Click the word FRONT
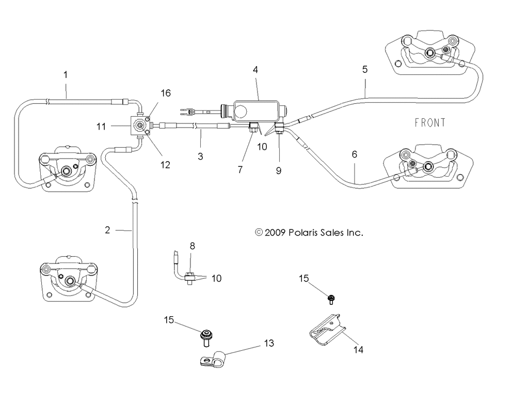click(430, 122)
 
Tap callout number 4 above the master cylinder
click(255, 70)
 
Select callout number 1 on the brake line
click(66, 75)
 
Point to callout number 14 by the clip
click(358, 349)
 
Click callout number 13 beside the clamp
click(269, 343)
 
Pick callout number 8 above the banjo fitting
click(192, 246)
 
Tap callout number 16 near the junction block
click(166, 93)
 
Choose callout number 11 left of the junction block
click(101, 126)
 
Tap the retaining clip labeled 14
click(328, 330)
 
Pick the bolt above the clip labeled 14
click(331, 299)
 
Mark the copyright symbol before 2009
click(259, 233)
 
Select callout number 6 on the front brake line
click(354, 154)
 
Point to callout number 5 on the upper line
click(365, 69)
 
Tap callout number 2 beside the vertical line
click(107, 230)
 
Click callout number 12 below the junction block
click(165, 165)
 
